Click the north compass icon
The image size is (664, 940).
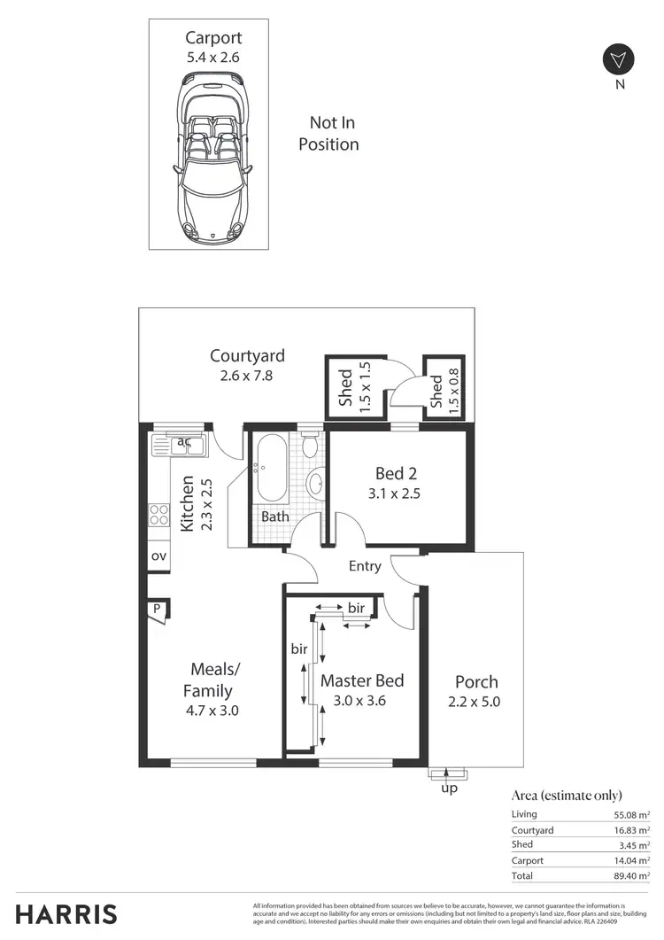click(x=618, y=60)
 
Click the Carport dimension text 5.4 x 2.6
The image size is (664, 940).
click(x=212, y=57)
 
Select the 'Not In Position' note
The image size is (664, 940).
click(x=328, y=134)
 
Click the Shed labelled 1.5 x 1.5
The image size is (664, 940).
click(x=353, y=387)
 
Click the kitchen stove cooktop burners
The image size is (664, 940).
click(x=159, y=515)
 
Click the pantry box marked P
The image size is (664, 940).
click(x=157, y=610)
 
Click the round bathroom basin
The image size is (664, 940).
click(x=315, y=485)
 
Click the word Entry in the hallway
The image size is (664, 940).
click(x=365, y=566)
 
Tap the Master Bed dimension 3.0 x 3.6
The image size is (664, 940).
click(x=361, y=701)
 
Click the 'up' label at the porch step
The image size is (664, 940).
click(x=449, y=788)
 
